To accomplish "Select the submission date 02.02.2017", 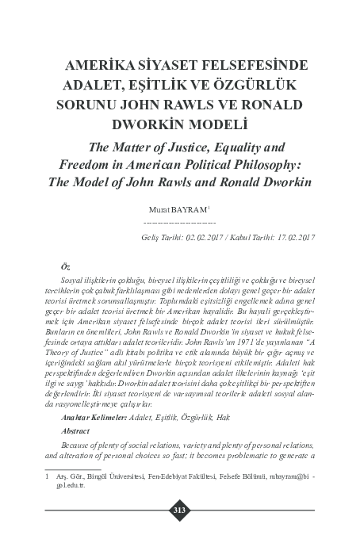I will click(209, 237).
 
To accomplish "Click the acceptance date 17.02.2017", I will click(293, 237).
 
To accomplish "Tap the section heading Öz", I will click(65, 269).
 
